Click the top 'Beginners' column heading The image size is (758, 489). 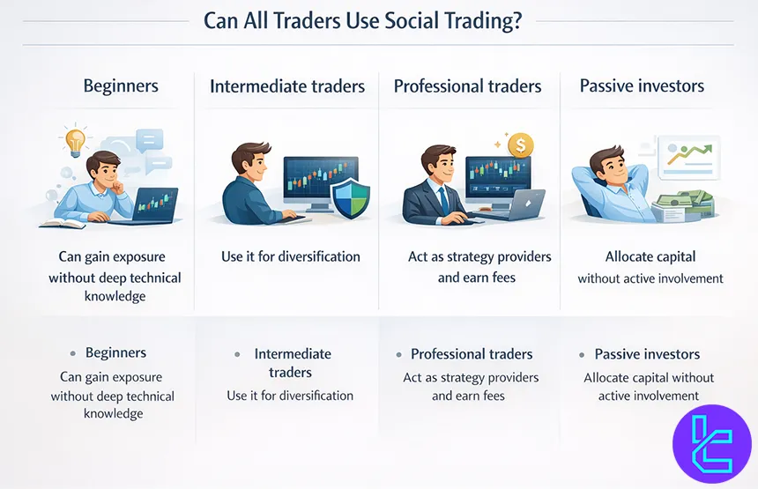[121, 85]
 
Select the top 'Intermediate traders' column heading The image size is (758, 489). [286, 86]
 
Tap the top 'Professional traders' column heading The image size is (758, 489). [467, 86]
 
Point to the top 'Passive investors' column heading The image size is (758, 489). [642, 85]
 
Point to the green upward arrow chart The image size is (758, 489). [689, 153]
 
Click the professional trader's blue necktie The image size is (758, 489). [442, 199]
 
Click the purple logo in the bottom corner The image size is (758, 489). [711, 444]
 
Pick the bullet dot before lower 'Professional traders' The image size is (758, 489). [398, 354]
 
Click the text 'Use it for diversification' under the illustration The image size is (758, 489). [290, 256]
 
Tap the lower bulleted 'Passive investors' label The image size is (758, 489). [647, 354]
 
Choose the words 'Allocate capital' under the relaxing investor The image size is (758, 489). [650, 256]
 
